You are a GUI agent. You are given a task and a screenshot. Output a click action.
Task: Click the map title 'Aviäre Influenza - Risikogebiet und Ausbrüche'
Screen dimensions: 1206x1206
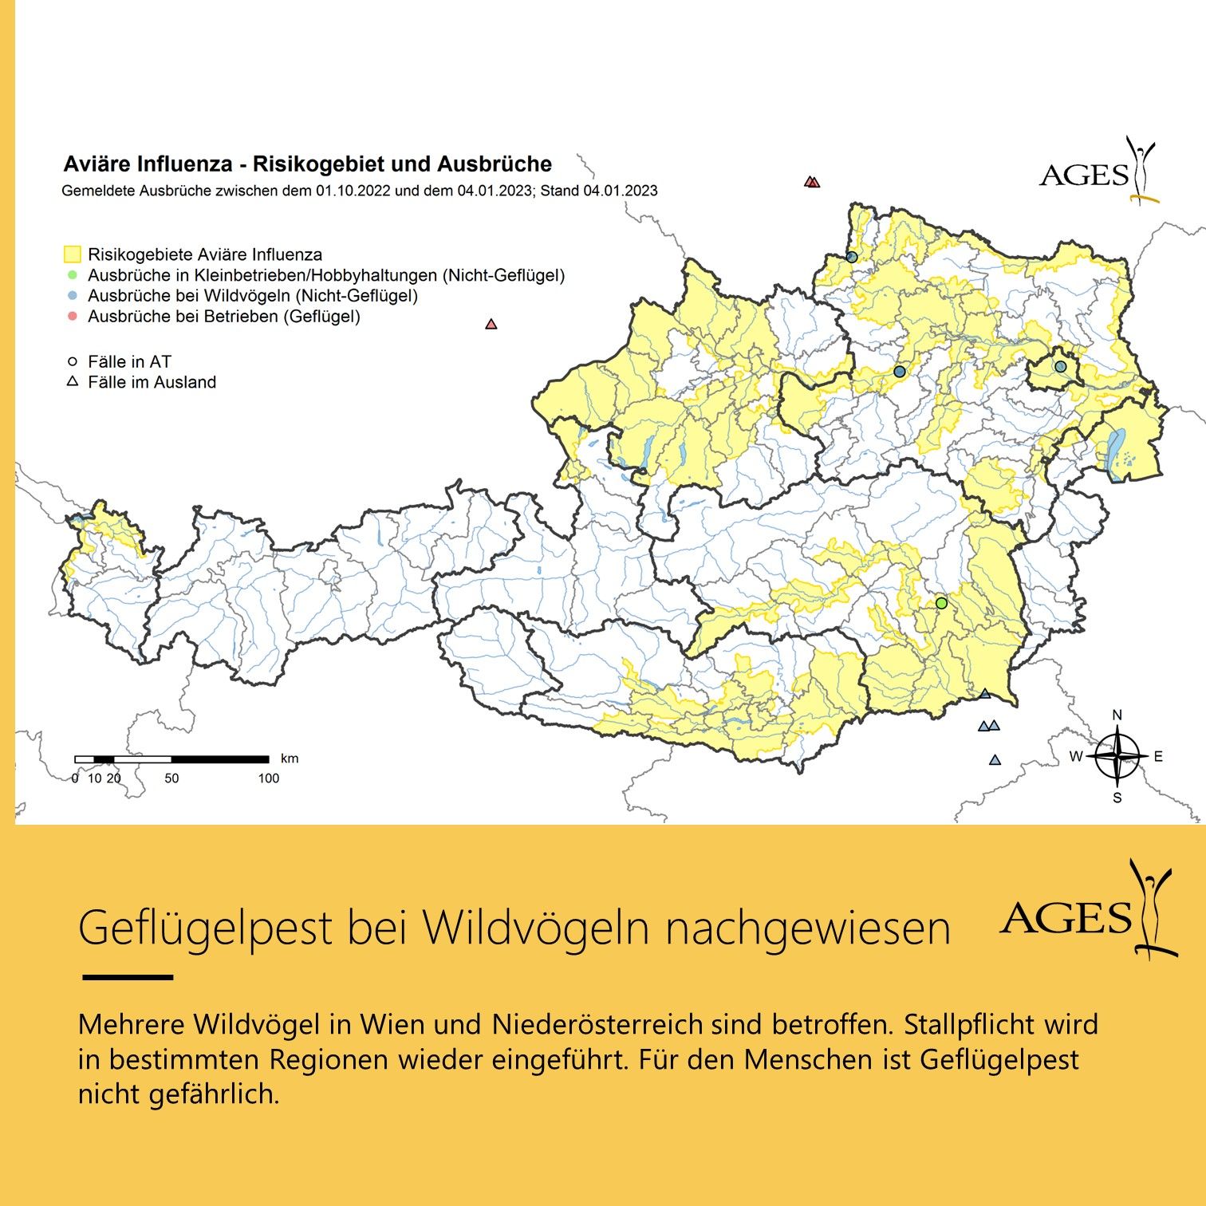click(307, 164)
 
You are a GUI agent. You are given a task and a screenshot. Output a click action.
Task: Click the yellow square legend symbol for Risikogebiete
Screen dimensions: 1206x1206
click(72, 254)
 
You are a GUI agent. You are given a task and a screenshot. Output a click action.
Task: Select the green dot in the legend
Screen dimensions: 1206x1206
click(72, 275)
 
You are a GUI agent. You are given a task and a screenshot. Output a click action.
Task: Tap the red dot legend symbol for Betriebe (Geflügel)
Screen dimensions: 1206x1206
click(72, 317)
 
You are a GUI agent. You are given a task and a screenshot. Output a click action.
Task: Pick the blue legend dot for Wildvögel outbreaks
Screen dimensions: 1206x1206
click(72, 296)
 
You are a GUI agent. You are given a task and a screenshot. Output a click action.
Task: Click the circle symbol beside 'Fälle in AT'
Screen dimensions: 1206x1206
click(72, 362)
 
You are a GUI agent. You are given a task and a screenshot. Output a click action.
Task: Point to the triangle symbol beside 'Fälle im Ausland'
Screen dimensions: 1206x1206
click(72, 382)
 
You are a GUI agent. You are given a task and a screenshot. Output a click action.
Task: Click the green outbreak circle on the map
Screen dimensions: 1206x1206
click(941, 603)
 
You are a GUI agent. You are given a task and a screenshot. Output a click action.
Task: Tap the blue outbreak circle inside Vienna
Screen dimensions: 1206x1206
click(1060, 366)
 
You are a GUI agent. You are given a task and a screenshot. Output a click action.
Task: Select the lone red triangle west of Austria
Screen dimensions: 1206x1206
click(491, 324)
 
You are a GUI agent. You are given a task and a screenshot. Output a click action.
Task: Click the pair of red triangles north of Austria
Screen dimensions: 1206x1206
click(812, 182)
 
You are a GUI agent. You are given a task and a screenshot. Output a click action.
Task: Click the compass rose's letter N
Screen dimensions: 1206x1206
click(1117, 715)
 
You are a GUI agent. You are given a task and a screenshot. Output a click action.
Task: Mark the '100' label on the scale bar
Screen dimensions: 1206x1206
click(268, 778)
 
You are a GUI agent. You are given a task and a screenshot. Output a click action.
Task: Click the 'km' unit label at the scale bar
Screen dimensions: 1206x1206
click(290, 759)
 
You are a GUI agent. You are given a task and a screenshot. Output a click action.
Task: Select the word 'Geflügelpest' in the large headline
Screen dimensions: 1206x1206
click(205, 927)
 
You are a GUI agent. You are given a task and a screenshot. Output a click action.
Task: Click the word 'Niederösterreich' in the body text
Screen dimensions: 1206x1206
click(597, 1024)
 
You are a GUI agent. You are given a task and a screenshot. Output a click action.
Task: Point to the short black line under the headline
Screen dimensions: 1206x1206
click(128, 977)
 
